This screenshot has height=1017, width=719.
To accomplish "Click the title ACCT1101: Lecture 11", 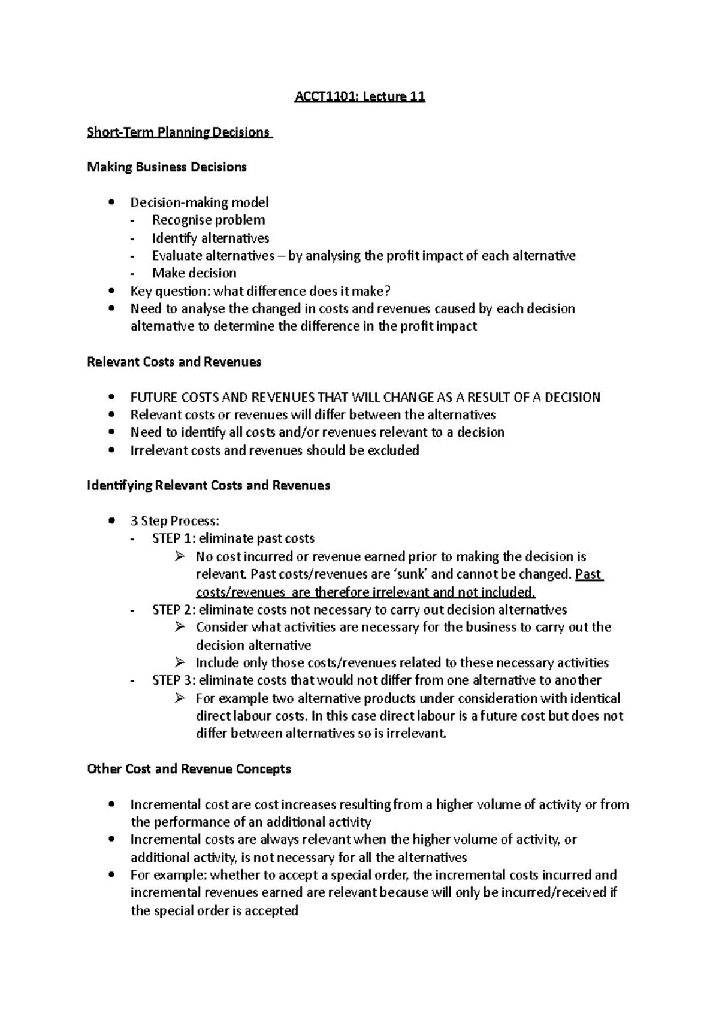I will pyautogui.click(x=359, y=96).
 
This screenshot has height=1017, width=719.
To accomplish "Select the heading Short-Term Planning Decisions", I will pyautogui.click(x=179, y=132).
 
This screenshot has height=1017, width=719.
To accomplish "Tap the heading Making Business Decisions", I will pyautogui.click(x=167, y=167).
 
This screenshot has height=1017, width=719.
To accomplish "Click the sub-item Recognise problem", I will pyautogui.click(x=208, y=220).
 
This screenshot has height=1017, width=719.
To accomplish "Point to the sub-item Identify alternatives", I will pyautogui.click(x=210, y=238).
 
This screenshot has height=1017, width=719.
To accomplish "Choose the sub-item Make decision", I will pyautogui.click(x=194, y=273).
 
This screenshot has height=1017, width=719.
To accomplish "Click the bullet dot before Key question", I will pyautogui.click(x=111, y=291).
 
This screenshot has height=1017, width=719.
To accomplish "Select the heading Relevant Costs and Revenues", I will pyautogui.click(x=174, y=362).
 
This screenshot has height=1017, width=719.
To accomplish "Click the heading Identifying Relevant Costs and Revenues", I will pyautogui.click(x=209, y=485).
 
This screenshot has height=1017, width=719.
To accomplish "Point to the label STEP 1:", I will pyautogui.click(x=174, y=538).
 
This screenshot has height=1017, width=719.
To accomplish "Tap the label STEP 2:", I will pyautogui.click(x=174, y=610).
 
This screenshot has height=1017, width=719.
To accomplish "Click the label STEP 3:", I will pyautogui.click(x=174, y=680).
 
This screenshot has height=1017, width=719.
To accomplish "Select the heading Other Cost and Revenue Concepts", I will pyautogui.click(x=189, y=768).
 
